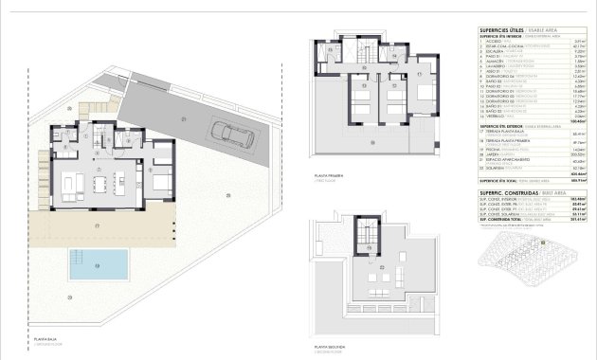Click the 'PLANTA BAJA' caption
[50, 338]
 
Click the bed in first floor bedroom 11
[362, 102]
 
